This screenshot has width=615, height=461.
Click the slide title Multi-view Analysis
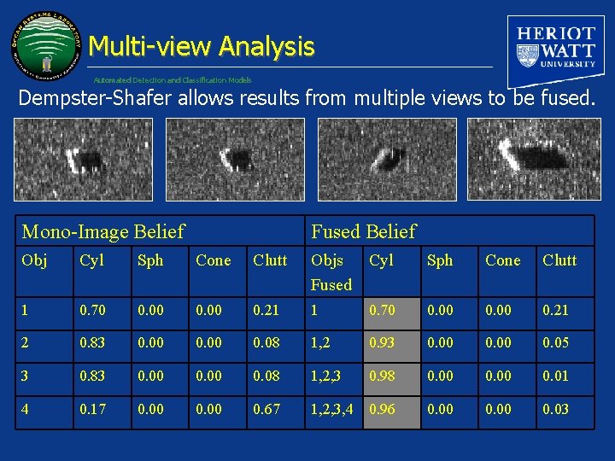[201, 46]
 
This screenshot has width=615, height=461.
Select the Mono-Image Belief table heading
[102, 231]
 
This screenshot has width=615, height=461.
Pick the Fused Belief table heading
[363, 231]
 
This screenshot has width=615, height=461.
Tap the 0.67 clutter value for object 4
[266, 409]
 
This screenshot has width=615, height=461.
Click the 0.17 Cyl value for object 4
[92, 409]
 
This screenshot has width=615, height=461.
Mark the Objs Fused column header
[331, 272]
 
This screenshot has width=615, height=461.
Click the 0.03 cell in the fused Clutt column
[556, 409]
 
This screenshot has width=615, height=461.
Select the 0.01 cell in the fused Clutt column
[556, 376]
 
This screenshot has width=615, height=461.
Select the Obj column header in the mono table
[35, 260]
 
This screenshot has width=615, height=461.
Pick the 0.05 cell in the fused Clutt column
[556, 343]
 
